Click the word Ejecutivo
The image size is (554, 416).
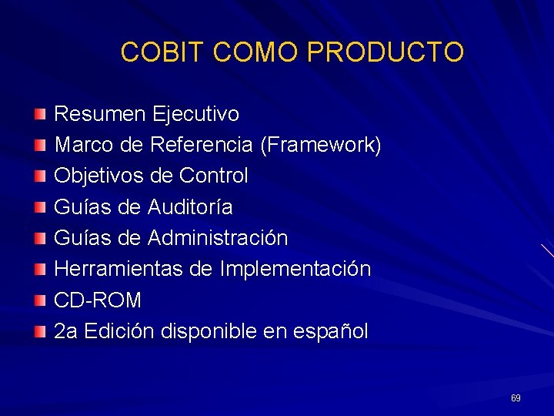(x=195, y=115)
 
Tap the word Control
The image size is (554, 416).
(x=213, y=176)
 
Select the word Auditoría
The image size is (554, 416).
(x=190, y=207)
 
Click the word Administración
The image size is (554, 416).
(x=218, y=238)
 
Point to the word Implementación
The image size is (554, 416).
(x=295, y=270)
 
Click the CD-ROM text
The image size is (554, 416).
(x=98, y=300)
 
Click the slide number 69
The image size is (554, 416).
(x=516, y=398)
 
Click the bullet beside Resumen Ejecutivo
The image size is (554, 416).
(x=40, y=115)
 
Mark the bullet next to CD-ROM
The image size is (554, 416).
(x=40, y=300)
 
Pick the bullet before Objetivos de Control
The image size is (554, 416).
(x=40, y=176)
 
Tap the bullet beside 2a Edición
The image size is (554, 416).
(x=40, y=331)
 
